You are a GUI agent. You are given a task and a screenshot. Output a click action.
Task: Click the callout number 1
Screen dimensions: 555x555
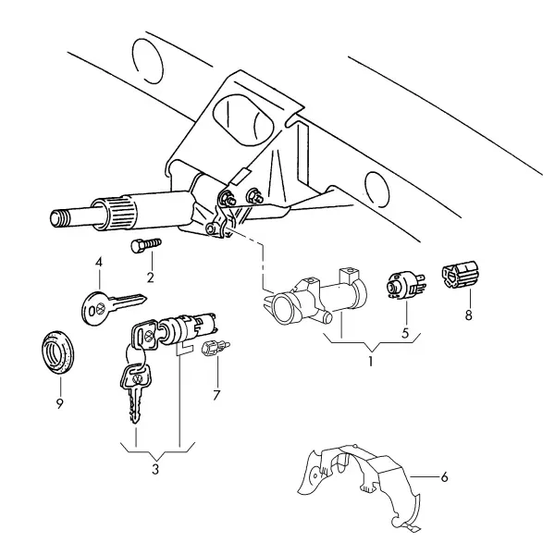371,362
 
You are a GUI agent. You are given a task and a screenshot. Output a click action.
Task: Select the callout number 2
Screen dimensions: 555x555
151,277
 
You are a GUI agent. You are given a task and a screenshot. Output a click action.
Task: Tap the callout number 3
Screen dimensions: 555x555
155,469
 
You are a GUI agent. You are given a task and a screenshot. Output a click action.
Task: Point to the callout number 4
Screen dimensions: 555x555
99,263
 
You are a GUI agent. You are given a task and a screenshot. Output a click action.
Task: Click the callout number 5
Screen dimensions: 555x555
405,333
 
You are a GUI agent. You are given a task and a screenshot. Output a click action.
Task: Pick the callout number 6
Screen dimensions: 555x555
444,477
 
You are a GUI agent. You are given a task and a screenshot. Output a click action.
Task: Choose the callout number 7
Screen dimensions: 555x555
216,395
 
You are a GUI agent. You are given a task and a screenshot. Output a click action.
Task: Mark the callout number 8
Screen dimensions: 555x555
469,315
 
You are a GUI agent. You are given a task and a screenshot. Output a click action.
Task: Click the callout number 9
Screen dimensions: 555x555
60,403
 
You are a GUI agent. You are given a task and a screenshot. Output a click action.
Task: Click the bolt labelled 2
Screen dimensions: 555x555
146,245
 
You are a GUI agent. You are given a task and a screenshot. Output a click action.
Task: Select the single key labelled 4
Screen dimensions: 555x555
114,307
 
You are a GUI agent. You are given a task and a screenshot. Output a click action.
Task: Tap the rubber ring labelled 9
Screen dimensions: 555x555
58,351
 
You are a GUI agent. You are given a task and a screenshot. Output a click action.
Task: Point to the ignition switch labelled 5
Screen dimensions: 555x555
404,285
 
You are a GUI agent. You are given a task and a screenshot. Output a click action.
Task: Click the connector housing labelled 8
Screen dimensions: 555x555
460,273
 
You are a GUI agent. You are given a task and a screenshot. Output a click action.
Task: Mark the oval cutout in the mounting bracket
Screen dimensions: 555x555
244,119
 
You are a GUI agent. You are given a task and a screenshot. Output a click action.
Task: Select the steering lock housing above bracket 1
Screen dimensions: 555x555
315,299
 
